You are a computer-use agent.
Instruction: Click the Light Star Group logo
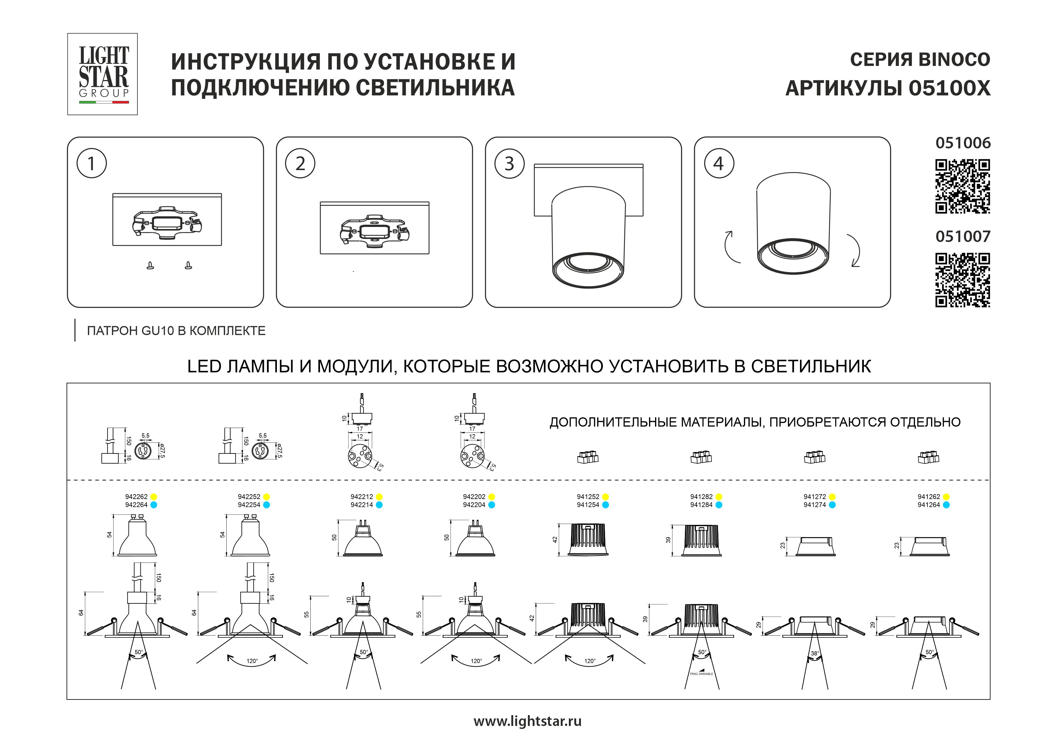[103, 74]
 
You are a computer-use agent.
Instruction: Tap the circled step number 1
[92, 163]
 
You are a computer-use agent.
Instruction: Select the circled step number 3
[509, 164]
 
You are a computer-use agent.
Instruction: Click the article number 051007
[963, 237]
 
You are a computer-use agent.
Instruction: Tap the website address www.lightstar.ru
[528, 721]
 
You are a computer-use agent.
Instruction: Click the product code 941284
[701, 505]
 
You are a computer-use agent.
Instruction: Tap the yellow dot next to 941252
[605, 497]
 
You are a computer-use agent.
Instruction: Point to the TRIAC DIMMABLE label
[701, 674]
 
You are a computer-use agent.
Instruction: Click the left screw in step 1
[150, 265]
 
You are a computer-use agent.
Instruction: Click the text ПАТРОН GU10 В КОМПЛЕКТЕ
[176, 331]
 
